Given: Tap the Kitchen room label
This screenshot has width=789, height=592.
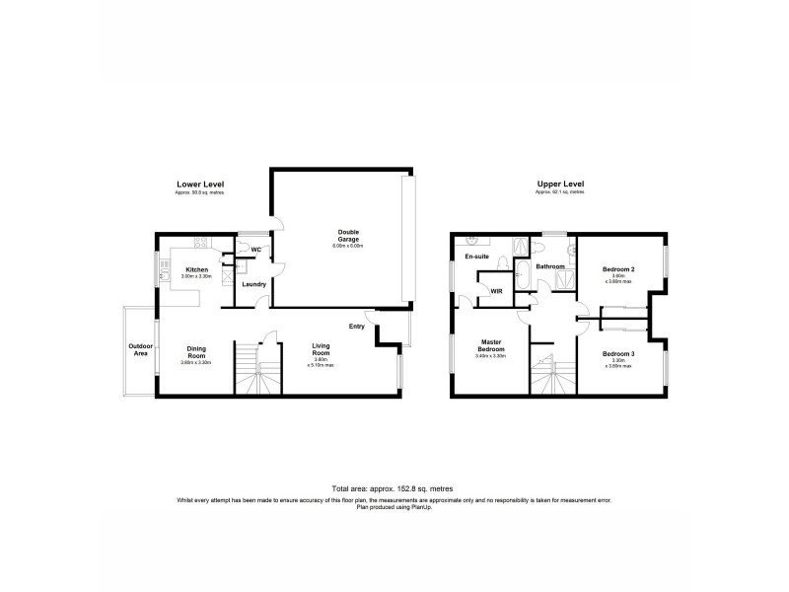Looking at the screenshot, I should pos(196,269).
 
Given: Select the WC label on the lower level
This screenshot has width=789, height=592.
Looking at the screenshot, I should pos(254,250).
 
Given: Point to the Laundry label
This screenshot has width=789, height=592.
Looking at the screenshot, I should pos(253,284).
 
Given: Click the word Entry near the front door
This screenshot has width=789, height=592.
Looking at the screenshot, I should pos(357,327).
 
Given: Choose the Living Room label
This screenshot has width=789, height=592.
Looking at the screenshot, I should pos(322,348).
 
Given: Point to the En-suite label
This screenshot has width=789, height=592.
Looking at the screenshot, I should pos(477,257).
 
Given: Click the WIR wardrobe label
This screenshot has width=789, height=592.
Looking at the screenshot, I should pos(496,291).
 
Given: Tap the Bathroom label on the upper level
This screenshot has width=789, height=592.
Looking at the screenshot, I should pos(549,266).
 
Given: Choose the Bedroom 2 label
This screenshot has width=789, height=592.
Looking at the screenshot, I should pos(618,269).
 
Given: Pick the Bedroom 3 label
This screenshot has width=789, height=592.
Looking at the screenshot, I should pos(618,353).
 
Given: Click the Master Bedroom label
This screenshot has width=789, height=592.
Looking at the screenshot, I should pos(490,346).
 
